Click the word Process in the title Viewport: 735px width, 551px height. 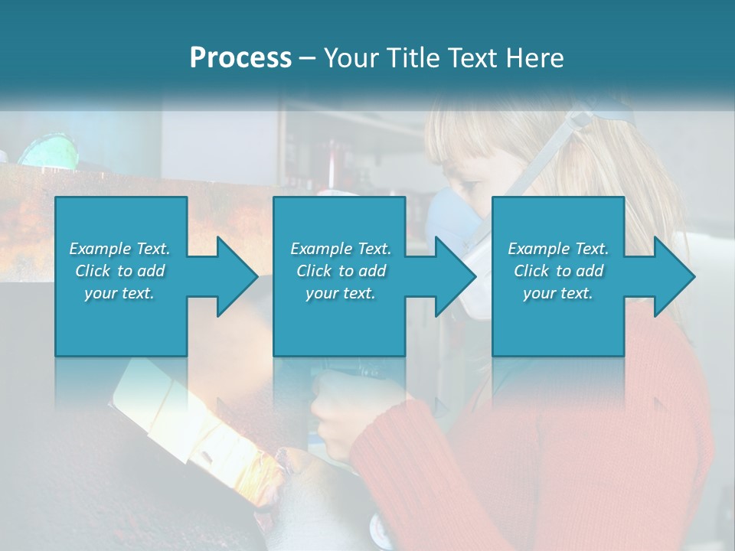(x=240, y=58)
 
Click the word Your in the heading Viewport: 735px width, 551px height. (x=352, y=58)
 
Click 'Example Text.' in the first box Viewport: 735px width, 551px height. (x=119, y=249)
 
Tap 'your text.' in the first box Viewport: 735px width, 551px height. (x=119, y=293)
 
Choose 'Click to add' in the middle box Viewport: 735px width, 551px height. (x=341, y=271)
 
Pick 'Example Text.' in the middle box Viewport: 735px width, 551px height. (x=341, y=249)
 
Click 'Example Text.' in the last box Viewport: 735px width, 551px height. (x=558, y=249)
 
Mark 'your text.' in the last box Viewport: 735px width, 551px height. (x=558, y=293)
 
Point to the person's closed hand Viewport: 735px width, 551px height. (x=337, y=417)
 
